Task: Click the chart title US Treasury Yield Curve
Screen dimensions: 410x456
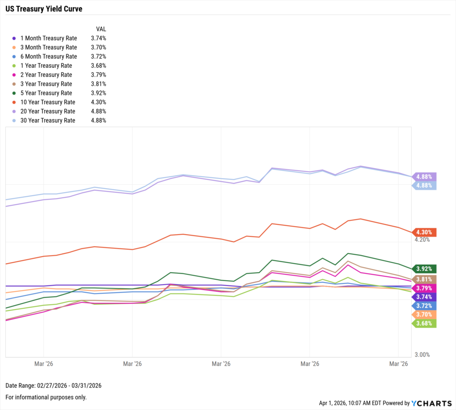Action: click(44, 9)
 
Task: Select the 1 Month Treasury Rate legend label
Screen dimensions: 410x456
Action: click(49, 38)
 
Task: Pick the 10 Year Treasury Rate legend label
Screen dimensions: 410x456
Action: click(48, 102)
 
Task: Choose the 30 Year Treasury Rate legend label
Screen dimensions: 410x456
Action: click(48, 120)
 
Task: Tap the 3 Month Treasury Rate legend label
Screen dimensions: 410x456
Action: click(49, 47)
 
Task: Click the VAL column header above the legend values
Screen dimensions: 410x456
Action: click(101, 29)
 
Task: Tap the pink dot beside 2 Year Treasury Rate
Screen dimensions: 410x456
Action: click(14, 75)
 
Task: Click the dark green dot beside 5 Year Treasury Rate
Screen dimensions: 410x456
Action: click(14, 93)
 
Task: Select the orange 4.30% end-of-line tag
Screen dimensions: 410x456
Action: click(424, 232)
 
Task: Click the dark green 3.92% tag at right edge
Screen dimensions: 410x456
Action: click(424, 269)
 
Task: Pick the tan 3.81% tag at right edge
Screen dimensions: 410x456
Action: click(424, 279)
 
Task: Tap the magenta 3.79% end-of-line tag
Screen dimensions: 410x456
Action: click(424, 288)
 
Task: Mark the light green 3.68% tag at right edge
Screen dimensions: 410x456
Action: click(424, 323)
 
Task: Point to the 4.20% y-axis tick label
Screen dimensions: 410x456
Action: click(422, 240)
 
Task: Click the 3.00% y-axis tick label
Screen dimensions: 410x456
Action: click(422, 355)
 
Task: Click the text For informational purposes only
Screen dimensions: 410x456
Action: click(46, 397)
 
